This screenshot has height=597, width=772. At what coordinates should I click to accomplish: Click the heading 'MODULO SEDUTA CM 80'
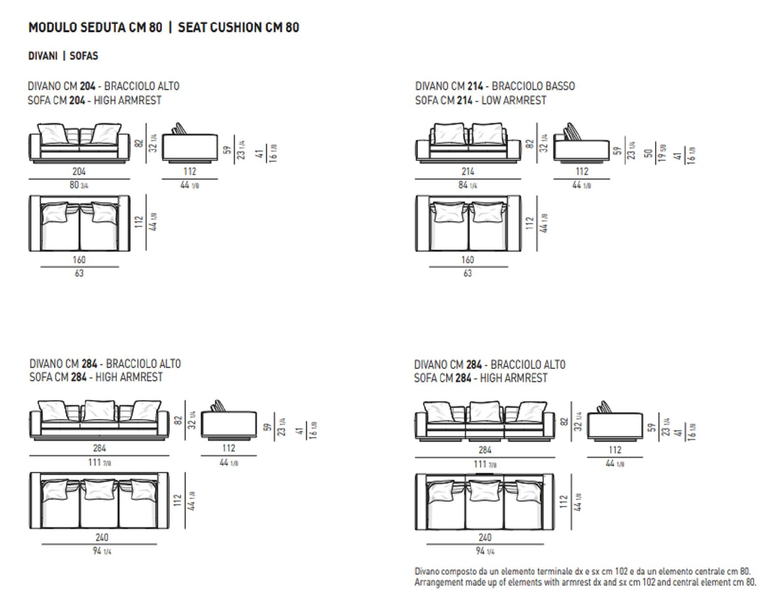[95, 27]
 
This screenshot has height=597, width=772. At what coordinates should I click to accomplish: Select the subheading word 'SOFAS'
[84, 56]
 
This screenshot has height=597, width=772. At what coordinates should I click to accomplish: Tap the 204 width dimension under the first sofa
[79, 172]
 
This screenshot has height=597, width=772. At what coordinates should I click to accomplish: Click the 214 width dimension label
[468, 172]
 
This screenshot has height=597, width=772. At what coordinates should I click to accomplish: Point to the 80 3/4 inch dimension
[79, 185]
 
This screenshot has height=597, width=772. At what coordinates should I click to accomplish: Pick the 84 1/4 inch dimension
[468, 185]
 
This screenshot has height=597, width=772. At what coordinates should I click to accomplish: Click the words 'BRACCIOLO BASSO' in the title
[533, 86]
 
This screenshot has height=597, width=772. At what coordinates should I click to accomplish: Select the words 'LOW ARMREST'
[514, 100]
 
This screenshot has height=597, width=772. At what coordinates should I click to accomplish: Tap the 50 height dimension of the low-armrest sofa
[649, 153]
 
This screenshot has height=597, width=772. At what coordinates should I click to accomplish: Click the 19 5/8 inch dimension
[662, 153]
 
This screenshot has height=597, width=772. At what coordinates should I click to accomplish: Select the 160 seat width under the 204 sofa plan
[79, 260]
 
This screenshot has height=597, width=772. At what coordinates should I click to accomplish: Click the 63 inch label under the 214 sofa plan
[468, 273]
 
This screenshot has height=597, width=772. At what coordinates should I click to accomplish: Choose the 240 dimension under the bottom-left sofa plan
[102, 537]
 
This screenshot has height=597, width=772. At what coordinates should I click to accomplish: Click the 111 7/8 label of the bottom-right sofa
[484, 464]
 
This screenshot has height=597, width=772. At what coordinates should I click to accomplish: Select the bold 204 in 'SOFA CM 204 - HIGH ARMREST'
[77, 100]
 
